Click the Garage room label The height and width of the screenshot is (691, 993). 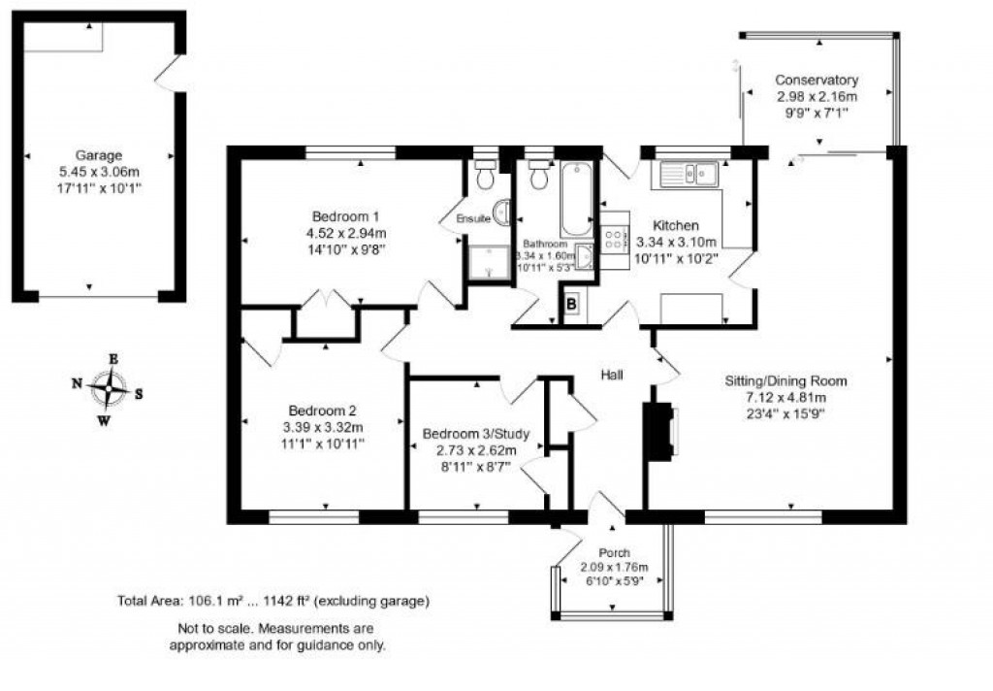pos(99,154)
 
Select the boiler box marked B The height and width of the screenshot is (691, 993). pos(571,304)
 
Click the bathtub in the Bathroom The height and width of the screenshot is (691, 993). pos(576,199)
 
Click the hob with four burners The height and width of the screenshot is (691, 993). pos(613,239)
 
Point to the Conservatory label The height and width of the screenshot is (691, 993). pos(817,80)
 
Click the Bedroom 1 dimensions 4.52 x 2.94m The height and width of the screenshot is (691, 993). pos(345,233)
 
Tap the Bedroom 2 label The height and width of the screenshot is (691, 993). pos(322,410)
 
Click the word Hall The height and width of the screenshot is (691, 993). pos(612,375)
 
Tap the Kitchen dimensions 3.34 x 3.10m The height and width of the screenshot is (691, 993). pos(676,243)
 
